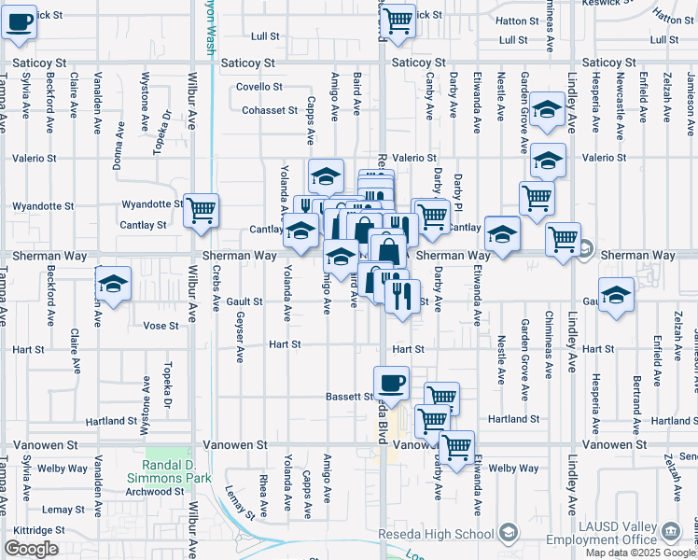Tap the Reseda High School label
point(436,534)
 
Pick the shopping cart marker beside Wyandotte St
point(201,210)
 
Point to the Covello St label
point(259,87)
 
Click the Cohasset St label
point(269,110)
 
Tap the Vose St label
point(161,326)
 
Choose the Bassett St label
point(349,397)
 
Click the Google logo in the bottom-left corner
point(31,549)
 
